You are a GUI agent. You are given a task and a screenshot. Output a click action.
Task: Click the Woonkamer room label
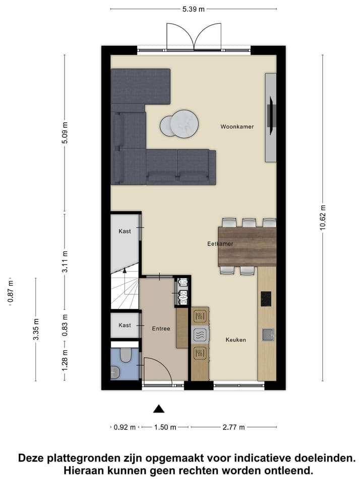pyautogui.click(x=237, y=127)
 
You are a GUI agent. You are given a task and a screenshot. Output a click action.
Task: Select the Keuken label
pyautogui.click(x=235, y=340)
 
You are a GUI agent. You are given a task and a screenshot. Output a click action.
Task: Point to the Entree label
pyautogui.click(x=161, y=329)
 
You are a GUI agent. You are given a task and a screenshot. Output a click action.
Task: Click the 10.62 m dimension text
pyautogui.click(x=323, y=217)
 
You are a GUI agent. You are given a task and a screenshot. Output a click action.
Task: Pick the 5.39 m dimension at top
pyautogui.click(x=194, y=9)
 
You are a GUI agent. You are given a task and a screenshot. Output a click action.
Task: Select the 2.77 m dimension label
pyautogui.click(x=233, y=427)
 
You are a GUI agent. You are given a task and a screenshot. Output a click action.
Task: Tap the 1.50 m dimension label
pyautogui.click(x=165, y=427)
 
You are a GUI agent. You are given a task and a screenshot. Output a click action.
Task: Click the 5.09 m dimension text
pyautogui.click(x=64, y=132)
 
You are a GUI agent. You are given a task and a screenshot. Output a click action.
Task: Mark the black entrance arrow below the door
pyautogui.click(x=159, y=409)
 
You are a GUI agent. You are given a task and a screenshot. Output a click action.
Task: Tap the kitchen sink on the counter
pyautogui.click(x=267, y=334)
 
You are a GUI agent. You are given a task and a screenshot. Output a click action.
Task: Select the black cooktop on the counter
pyautogui.click(x=266, y=298)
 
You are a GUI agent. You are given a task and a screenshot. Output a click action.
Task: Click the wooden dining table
pyautogui.click(x=247, y=247)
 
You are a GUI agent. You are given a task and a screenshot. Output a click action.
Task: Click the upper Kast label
pyautogui.click(x=125, y=231)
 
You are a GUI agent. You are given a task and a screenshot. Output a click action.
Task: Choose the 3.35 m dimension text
pyautogui.click(x=35, y=330)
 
